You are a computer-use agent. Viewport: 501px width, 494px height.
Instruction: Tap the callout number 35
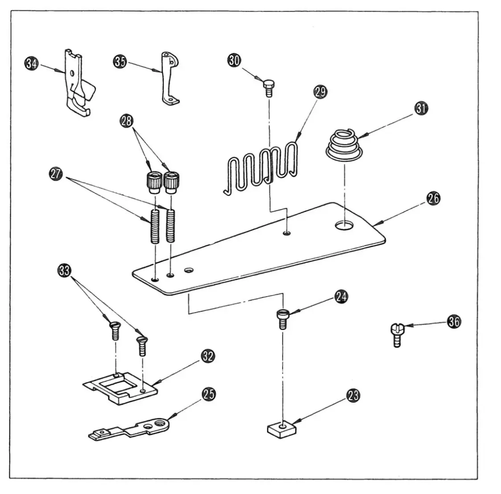(120, 61)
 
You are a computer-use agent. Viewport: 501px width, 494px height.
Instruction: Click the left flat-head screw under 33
(115, 331)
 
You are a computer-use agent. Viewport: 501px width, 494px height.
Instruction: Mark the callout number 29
(320, 92)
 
